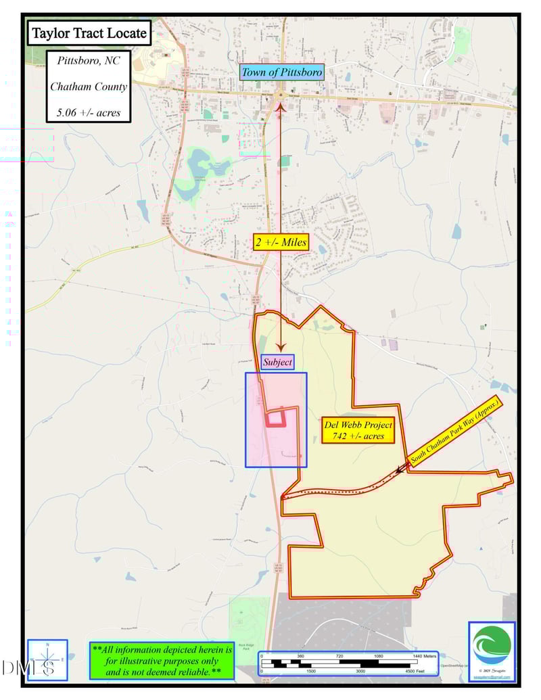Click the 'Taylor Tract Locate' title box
point(89,32)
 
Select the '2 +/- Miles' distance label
point(280,242)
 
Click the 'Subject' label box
point(277,363)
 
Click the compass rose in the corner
point(47,659)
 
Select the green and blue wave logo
point(492,646)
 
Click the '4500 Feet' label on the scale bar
point(415,672)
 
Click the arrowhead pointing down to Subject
point(280,347)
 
